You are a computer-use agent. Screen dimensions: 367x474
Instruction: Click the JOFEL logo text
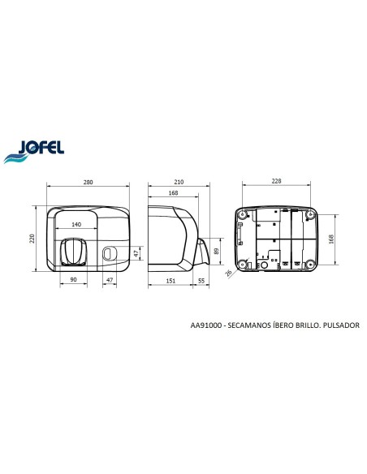point(41,148)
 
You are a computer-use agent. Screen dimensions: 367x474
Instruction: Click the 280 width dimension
point(88,183)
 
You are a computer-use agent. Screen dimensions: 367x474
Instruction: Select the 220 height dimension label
point(32,238)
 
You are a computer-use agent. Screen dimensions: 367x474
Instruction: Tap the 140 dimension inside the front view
point(76,224)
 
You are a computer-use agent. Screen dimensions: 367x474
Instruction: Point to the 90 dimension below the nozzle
point(73,280)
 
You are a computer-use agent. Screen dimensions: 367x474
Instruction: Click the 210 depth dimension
point(179,182)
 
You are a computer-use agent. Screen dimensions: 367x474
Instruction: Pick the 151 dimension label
point(171,281)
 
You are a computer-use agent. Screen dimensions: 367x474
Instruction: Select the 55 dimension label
point(201,281)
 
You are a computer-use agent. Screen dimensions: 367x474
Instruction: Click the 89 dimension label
point(216,252)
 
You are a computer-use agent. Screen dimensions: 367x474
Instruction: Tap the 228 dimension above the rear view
point(276,181)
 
